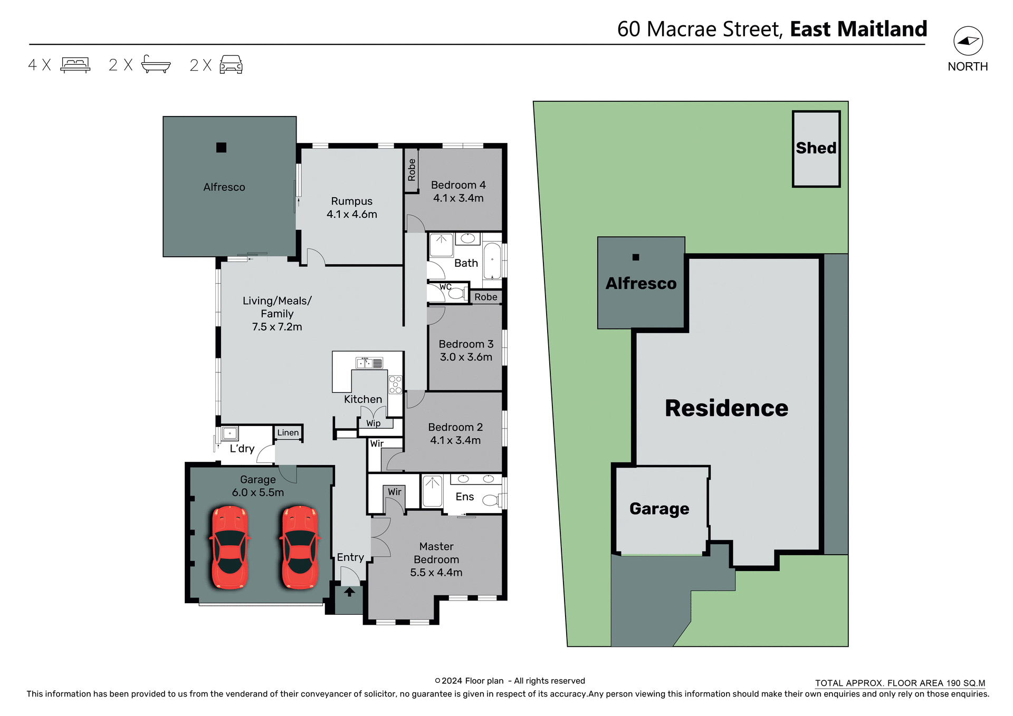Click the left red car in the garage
coord(230,547)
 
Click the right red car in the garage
coord(300,547)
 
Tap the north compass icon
coord(968,41)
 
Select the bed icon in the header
coord(75,65)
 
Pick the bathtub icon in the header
coord(156,64)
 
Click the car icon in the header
coord(231,65)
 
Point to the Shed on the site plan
coord(816,149)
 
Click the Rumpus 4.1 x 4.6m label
coord(351,208)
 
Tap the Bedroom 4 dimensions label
coord(458,198)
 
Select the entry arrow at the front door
coord(349,592)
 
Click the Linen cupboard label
coord(288,432)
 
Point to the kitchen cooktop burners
coord(395,384)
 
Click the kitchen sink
coord(369,363)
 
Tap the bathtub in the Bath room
coord(492,260)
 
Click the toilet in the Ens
coord(491,500)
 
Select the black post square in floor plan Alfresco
coord(221,148)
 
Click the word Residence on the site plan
coord(726,408)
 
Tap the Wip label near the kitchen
coord(374,423)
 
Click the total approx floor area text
coord(900,683)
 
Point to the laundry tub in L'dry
coord(230,433)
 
